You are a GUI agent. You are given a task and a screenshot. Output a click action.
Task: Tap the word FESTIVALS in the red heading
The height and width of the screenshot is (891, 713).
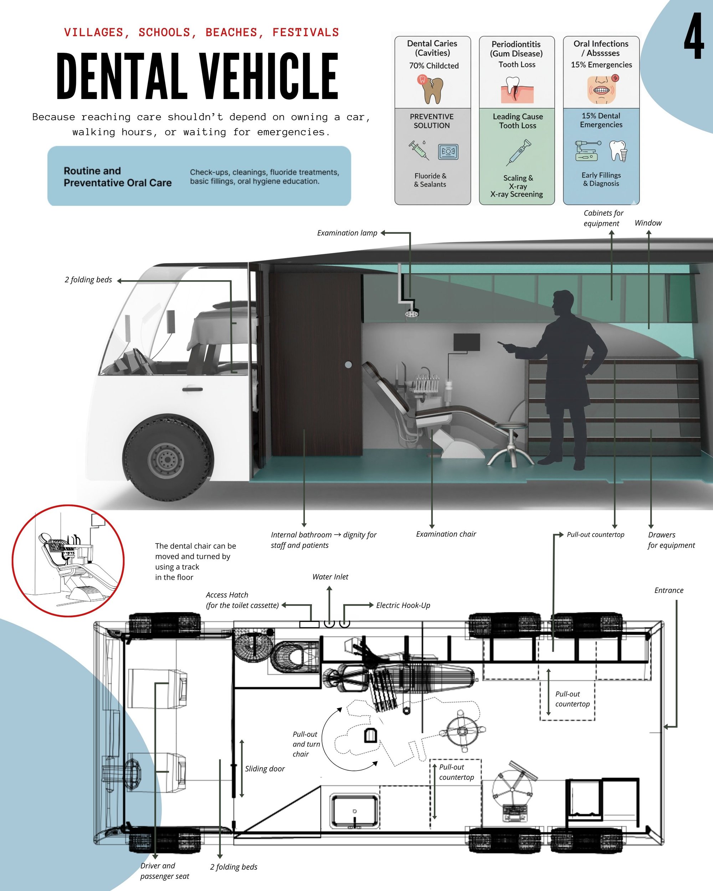click(306, 32)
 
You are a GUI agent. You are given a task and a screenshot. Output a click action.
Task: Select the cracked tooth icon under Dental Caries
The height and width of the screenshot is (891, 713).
click(431, 89)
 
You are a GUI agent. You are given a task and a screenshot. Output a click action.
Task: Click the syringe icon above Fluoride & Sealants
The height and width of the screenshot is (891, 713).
click(418, 150)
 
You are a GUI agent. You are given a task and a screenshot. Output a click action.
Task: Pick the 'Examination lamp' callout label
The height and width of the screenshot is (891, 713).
click(347, 233)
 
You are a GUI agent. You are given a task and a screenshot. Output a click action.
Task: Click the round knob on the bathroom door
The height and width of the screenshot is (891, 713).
click(348, 365)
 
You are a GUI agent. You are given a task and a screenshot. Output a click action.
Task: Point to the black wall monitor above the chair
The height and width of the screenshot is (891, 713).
click(467, 342)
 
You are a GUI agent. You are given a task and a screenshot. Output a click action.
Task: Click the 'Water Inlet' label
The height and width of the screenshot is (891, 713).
click(330, 577)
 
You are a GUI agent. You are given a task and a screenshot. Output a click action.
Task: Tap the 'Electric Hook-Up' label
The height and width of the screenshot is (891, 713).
click(403, 605)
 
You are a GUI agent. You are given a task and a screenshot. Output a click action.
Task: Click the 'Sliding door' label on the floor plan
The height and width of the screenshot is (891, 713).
click(265, 768)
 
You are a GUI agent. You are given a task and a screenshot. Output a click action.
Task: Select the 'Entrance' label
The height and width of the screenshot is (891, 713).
click(669, 590)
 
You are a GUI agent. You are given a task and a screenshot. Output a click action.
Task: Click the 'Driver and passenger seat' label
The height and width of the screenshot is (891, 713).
click(164, 871)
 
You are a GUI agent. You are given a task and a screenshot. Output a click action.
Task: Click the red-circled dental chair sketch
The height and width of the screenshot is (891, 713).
click(68, 561)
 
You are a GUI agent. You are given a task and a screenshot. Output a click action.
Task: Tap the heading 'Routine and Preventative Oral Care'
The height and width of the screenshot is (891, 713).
click(117, 177)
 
